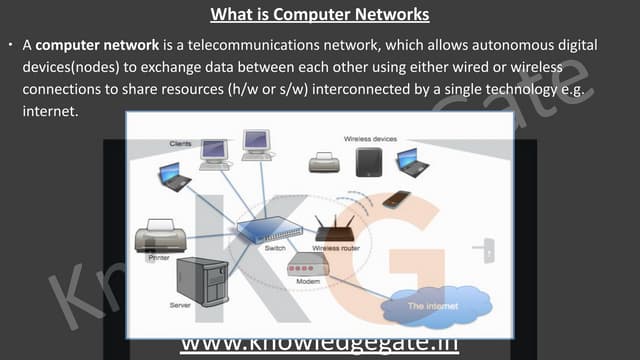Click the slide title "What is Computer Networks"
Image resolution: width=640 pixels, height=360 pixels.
319,15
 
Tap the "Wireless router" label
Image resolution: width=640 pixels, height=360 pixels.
335,247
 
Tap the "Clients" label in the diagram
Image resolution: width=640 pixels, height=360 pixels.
181,144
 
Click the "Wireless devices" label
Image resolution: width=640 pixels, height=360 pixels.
370,138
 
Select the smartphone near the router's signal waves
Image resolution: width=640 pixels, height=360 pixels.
396,198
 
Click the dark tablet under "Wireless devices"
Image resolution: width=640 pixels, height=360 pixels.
369,162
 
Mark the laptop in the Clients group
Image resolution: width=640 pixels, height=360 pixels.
174,179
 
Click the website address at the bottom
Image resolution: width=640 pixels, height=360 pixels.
319,345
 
